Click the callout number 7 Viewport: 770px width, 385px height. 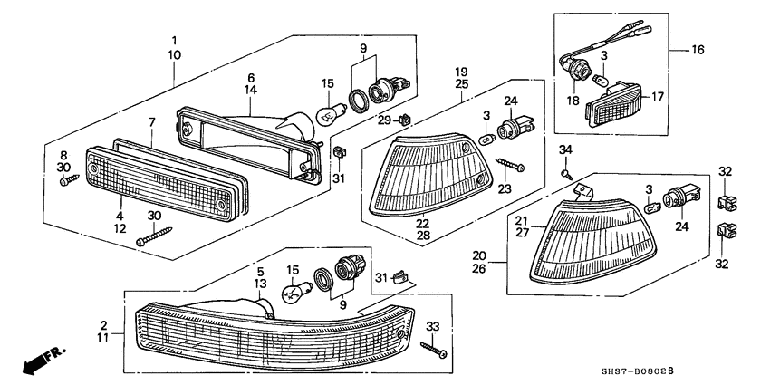151,121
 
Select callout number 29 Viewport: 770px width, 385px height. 384,120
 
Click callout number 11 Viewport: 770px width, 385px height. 103,336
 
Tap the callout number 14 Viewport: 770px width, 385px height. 251,91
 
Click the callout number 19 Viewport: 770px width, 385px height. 461,71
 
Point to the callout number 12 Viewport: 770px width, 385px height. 119,229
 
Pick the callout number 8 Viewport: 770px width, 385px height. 63,155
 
